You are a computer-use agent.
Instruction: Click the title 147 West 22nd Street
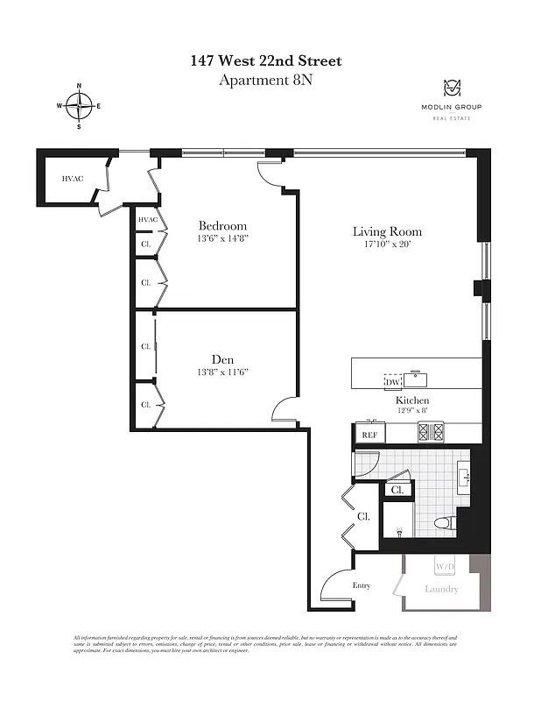click(x=266, y=60)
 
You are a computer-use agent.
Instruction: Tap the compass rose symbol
click(x=80, y=106)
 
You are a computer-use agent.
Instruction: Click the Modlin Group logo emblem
click(x=453, y=89)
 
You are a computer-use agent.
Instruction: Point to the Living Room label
click(x=387, y=231)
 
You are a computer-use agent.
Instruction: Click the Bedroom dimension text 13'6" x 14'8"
click(x=222, y=238)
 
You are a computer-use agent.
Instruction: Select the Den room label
click(x=222, y=359)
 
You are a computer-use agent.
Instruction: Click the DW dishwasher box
click(x=393, y=382)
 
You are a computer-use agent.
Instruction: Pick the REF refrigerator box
click(x=368, y=434)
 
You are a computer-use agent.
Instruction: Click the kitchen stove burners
click(x=430, y=431)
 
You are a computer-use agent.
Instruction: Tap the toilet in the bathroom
click(x=444, y=523)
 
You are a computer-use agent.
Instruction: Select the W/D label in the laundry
click(x=445, y=565)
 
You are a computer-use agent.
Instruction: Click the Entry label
click(x=362, y=586)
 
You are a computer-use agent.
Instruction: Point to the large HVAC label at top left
click(x=72, y=179)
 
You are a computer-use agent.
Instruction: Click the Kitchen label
click(x=411, y=400)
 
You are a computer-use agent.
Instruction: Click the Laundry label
click(x=441, y=589)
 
